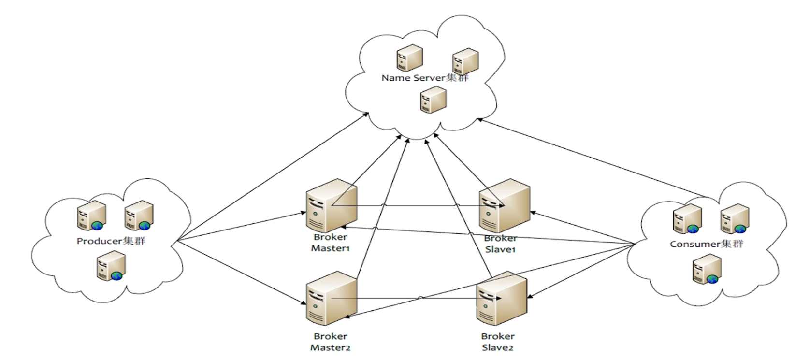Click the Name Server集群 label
click(x=425, y=78)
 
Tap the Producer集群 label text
click(x=111, y=241)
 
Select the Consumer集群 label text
click(x=707, y=244)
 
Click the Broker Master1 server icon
click(x=332, y=206)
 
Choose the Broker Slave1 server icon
click(x=504, y=205)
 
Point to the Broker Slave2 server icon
click(x=501, y=298)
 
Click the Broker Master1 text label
click(x=331, y=243)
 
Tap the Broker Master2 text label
click(x=331, y=342)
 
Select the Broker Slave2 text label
click(x=497, y=342)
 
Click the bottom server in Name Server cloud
click(x=433, y=100)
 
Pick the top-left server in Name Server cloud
click(x=409, y=58)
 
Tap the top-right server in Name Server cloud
click(x=465, y=61)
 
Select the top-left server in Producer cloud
click(x=91, y=216)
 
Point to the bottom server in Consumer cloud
click(x=707, y=270)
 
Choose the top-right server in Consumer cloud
click(x=735, y=219)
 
